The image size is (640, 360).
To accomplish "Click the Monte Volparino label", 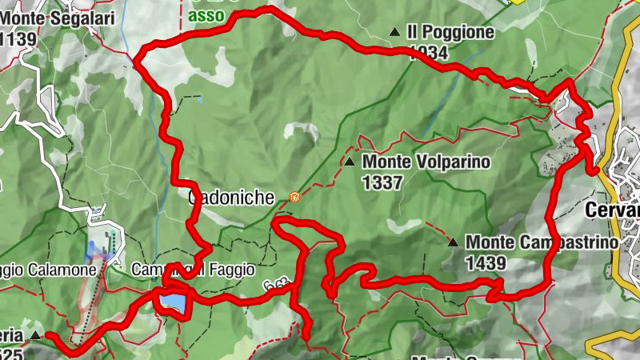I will (x=426, y=162).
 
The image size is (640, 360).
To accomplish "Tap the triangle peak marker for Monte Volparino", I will (x=350, y=162).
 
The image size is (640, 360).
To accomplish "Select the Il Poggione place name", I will (x=450, y=33).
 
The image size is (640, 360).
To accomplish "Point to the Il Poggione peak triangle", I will (x=394, y=32).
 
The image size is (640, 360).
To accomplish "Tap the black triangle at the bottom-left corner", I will (x=36, y=334).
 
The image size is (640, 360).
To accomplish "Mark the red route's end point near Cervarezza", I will (x=594, y=169).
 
